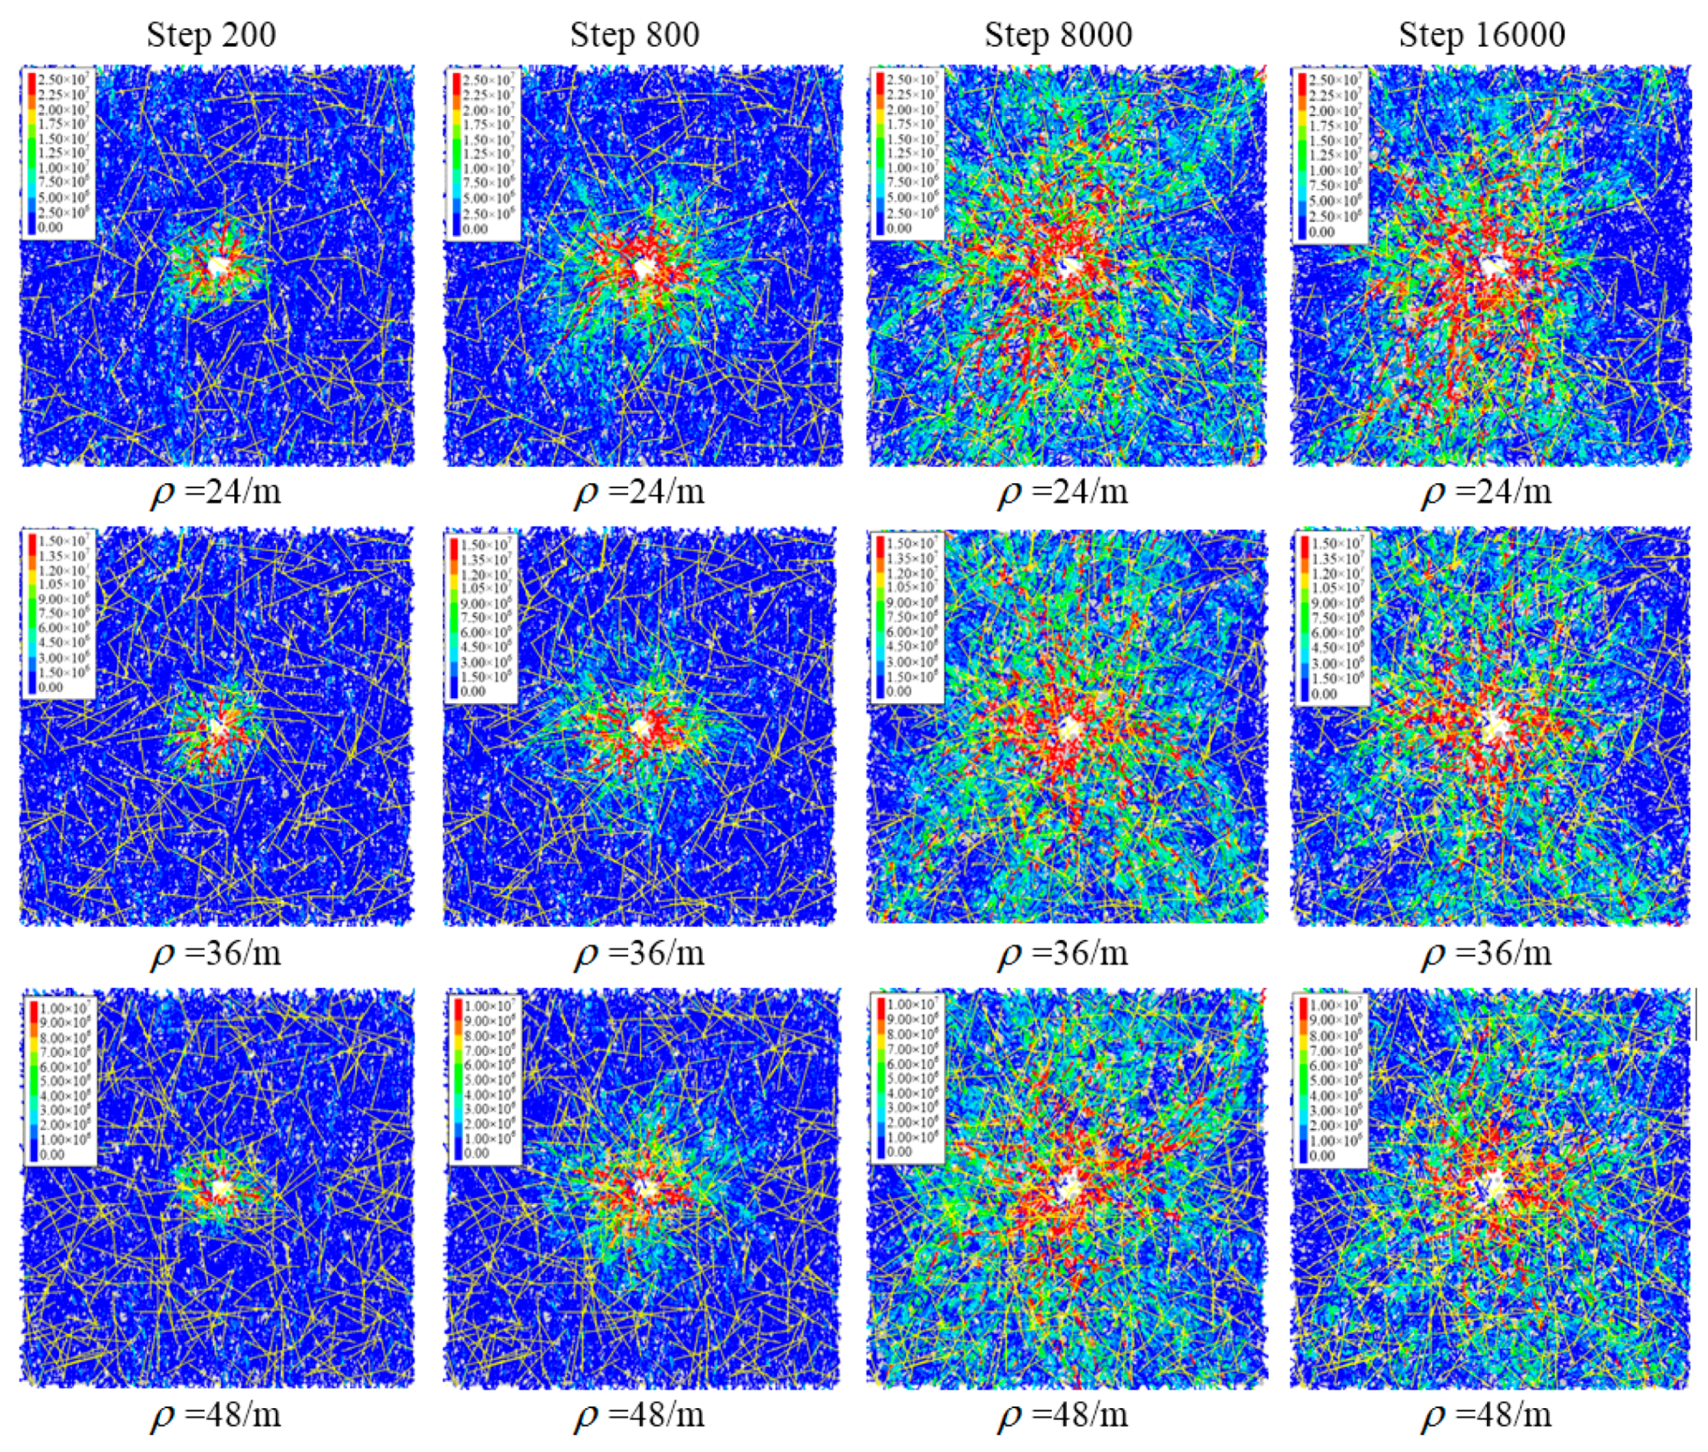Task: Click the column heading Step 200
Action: coord(211,35)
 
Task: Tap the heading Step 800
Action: coord(634,35)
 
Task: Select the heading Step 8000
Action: coord(1058,35)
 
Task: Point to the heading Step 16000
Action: coord(1481,35)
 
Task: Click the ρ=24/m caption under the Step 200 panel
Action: coord(216,492)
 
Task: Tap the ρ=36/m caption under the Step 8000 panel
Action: coord(1063,953)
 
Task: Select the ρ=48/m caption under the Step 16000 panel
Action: coord(1487,1415)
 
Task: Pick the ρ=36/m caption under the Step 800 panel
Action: coord(639,953)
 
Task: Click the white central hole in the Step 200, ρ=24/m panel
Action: coord(217,266)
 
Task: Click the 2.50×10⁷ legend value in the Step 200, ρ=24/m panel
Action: coord(64,79)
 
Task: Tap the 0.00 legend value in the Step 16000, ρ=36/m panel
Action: coord(1323,694)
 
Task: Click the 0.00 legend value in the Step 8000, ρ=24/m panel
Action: coord(899,228)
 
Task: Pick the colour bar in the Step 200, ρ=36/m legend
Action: coord(31,613)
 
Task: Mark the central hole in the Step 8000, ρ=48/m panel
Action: coord(1067,1188)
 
